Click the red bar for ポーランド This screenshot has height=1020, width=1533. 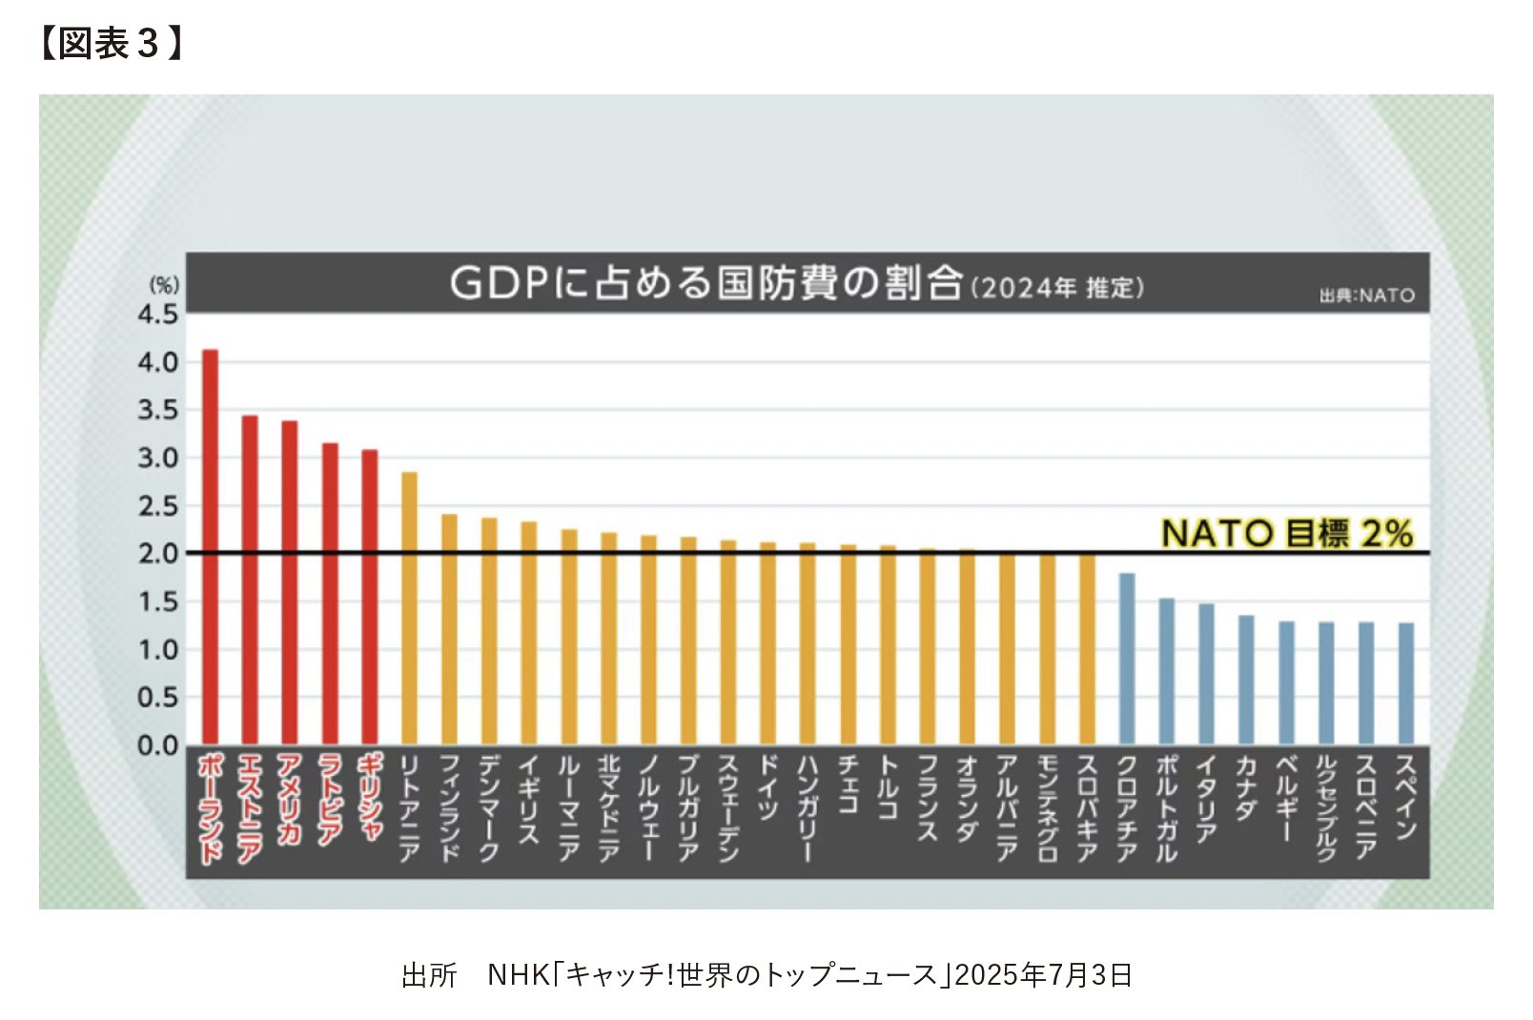point(211,547)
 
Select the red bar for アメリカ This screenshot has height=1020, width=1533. point(290,582)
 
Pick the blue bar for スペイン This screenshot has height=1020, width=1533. point(1406,683)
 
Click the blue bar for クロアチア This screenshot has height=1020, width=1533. point(1127,659)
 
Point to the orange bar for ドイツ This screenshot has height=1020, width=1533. point(767,643)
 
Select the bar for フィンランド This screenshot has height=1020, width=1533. point(449,629)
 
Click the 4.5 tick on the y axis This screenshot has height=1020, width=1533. point(158,315)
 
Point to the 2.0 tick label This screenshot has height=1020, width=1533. point(158,554)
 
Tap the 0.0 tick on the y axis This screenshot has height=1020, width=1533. point(158,745)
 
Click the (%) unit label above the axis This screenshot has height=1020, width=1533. point(164,285)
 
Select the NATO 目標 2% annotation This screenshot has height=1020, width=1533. point(1286,533)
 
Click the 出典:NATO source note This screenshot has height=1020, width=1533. point(1366,296)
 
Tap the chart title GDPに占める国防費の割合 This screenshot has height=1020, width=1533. point(705,283)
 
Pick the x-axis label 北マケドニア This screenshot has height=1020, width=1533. point(608,807)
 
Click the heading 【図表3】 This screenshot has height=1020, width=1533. point(110,44)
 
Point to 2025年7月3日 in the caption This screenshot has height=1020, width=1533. point(1043,975)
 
